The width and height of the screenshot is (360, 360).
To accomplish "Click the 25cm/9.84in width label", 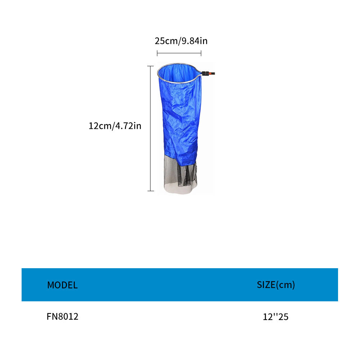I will click(x=181, y=41).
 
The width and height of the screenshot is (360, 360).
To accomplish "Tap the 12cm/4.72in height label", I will click(x=115, y=126).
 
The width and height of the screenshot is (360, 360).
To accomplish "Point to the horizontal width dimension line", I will click(x=179, y=53).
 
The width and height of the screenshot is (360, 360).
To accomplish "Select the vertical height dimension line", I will click(x=150, y=128).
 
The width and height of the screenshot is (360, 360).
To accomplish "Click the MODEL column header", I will click(x=62, y=285).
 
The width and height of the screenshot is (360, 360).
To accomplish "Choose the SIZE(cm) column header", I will click(x=276, y=285).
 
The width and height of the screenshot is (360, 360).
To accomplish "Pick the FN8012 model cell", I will click(x=62, y=316).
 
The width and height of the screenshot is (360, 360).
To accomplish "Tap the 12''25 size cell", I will click(x=276, y=317).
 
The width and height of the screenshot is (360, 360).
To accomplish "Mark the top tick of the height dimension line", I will click(x=150, y=66).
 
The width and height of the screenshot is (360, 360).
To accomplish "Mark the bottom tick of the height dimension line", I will click(x=150, y=190).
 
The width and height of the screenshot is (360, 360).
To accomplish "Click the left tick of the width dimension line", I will click(x=157, y=53).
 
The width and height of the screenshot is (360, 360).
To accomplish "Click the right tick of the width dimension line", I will click(x=201, y=53).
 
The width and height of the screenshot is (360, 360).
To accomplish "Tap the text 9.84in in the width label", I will click(x=194, y=41).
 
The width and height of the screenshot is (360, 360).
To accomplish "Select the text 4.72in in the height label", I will click(x=128, y=126).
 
